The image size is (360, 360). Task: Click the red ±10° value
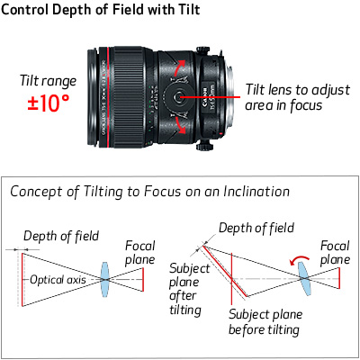coord(49,103)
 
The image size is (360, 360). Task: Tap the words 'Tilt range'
coord(48,81)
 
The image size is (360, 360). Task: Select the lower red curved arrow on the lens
coord(181,125)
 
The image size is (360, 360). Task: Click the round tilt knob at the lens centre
coord(178,96)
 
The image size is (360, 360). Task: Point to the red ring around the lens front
coord(108,97)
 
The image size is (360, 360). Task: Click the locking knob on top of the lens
coord(203,50)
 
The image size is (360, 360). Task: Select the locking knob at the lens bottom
coord(204,146)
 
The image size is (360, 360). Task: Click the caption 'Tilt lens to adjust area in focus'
coord(298,97)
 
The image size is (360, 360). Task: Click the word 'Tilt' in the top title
coord(189,9)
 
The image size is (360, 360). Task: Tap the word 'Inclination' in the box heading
coord(256,192)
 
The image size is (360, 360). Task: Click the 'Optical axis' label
coord(58,280)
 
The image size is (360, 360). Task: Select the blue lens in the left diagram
coord(104,279)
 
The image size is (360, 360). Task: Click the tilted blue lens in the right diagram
coord(304,278)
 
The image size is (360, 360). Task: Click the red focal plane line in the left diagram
coord(143,279)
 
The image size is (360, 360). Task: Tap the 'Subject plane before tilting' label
coord(265,322)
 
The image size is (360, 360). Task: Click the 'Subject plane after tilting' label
coord(189,289)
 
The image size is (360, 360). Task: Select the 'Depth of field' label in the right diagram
coord(256,228)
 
